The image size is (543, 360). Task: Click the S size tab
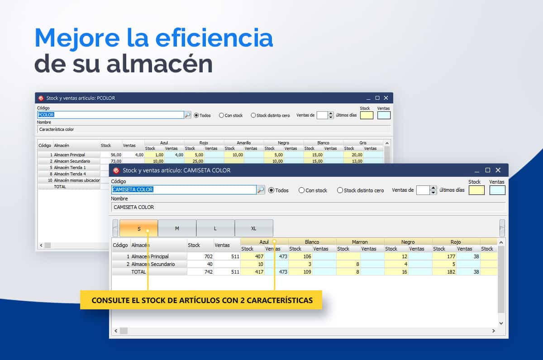tap(138, 228)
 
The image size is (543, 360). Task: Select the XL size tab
tap(254, 228)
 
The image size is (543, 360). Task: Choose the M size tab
tap(177, 228)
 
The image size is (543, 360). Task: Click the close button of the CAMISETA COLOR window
tap(498, 171)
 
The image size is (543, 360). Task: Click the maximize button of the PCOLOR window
tap(377, 98)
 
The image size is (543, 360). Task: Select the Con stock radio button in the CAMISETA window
tap(301, 190)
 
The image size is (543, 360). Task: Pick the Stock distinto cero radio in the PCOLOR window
tap(253, 115)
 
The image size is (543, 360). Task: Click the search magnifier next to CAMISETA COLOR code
tap(261, 189)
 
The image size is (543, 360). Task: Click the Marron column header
tap(360, 242)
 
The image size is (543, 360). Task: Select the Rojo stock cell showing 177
tap(451, 256)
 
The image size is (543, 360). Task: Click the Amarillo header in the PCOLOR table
tap(243, 143)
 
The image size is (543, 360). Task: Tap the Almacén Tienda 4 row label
tap(70, 174)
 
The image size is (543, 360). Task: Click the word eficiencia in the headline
tap(214, 38)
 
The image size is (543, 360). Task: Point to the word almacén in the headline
tap(159, 64)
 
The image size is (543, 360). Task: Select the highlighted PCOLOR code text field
tap(110, 115)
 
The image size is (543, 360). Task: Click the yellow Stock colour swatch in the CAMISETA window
tap(476, 190)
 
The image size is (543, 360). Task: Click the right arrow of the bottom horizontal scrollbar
tap(494, 331)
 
